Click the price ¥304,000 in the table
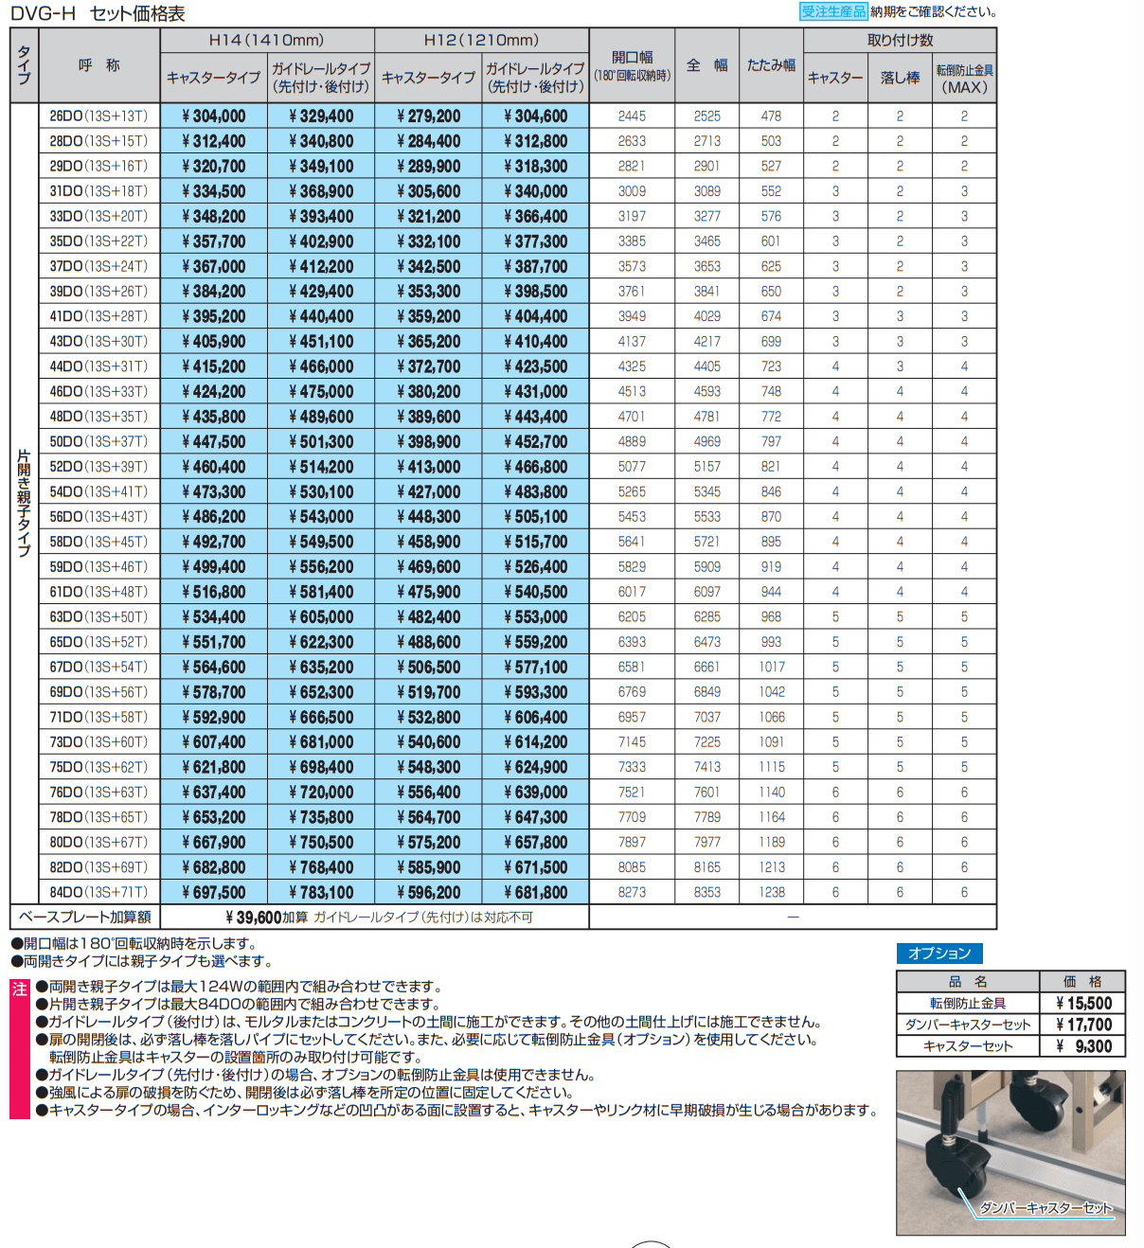[214, 116]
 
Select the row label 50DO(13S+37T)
[98, 441]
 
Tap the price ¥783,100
[321, 892]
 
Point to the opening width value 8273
[632, 892]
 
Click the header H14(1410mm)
[266, 40]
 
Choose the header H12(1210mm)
[481, 40]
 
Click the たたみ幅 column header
[771, 65]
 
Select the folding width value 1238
[771, 892]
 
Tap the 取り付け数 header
[900, 40]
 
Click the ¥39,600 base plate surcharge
[254, 918]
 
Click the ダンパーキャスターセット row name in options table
[967, 1025]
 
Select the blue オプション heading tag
[939, 954]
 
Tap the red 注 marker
[20, 989]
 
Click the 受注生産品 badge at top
[832, 11]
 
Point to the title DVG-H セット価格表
[98, 13]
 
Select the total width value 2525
[706, 116]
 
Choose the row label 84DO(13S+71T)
[98, 892]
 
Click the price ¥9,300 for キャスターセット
[1083, 1046]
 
